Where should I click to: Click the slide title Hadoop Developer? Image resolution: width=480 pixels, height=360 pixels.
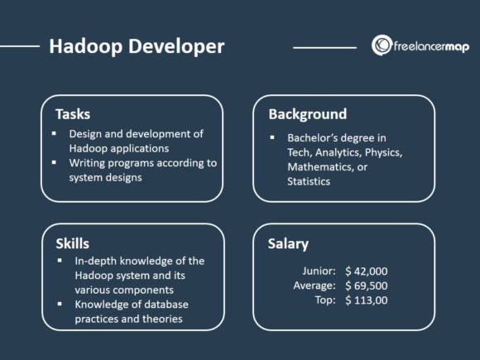[137, 46]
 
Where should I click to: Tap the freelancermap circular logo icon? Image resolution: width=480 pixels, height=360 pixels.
[381, 46]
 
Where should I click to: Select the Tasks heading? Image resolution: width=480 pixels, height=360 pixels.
[73, 114]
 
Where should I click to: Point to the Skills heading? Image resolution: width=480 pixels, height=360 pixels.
[72, 243]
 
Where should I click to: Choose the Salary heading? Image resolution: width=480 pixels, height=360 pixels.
[289, 243]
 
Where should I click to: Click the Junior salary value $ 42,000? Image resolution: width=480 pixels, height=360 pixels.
[367, 271]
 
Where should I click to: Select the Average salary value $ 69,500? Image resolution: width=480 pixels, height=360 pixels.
[367, 286]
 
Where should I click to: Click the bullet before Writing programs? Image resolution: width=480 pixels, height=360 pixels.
[55, 164]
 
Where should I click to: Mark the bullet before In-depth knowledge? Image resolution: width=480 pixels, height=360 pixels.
[60, 261]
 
